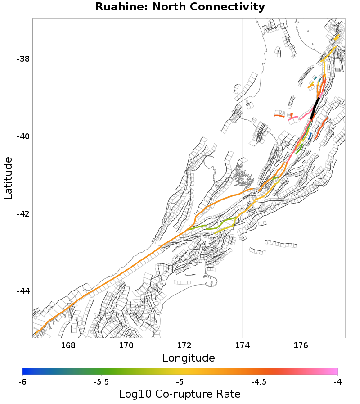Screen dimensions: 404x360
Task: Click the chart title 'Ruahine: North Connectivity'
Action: pyautogui.click(x=180, y=7)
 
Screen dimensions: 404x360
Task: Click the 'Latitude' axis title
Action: pyautogui.click(x=8, y=178)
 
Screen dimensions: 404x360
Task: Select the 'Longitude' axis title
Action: pyautogui.click(x=189, y=358)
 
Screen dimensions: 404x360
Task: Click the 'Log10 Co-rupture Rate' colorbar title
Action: pyautogui.click(x=180, y=394)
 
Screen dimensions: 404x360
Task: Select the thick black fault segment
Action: pyautogui.click(x=315, y=108)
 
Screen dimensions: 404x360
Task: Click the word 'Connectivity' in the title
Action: pyautogui.click(x=230, y=7)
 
